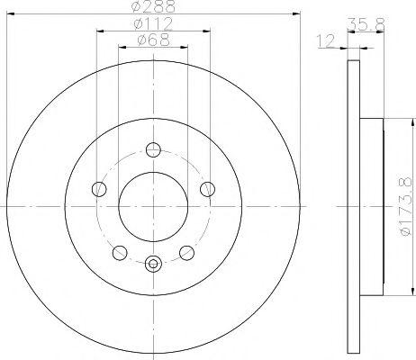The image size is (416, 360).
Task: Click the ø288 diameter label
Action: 152,7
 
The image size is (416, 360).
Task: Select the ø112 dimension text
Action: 152,23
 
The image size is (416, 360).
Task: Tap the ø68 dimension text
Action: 152,39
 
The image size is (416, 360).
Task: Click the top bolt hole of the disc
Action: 153,150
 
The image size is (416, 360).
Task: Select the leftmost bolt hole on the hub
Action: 98,188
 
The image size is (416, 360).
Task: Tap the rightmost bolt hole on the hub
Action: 208,188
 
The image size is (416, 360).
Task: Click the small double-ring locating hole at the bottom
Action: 153,265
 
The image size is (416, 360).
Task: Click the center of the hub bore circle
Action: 153,207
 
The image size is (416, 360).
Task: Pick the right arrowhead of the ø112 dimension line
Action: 205,30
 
